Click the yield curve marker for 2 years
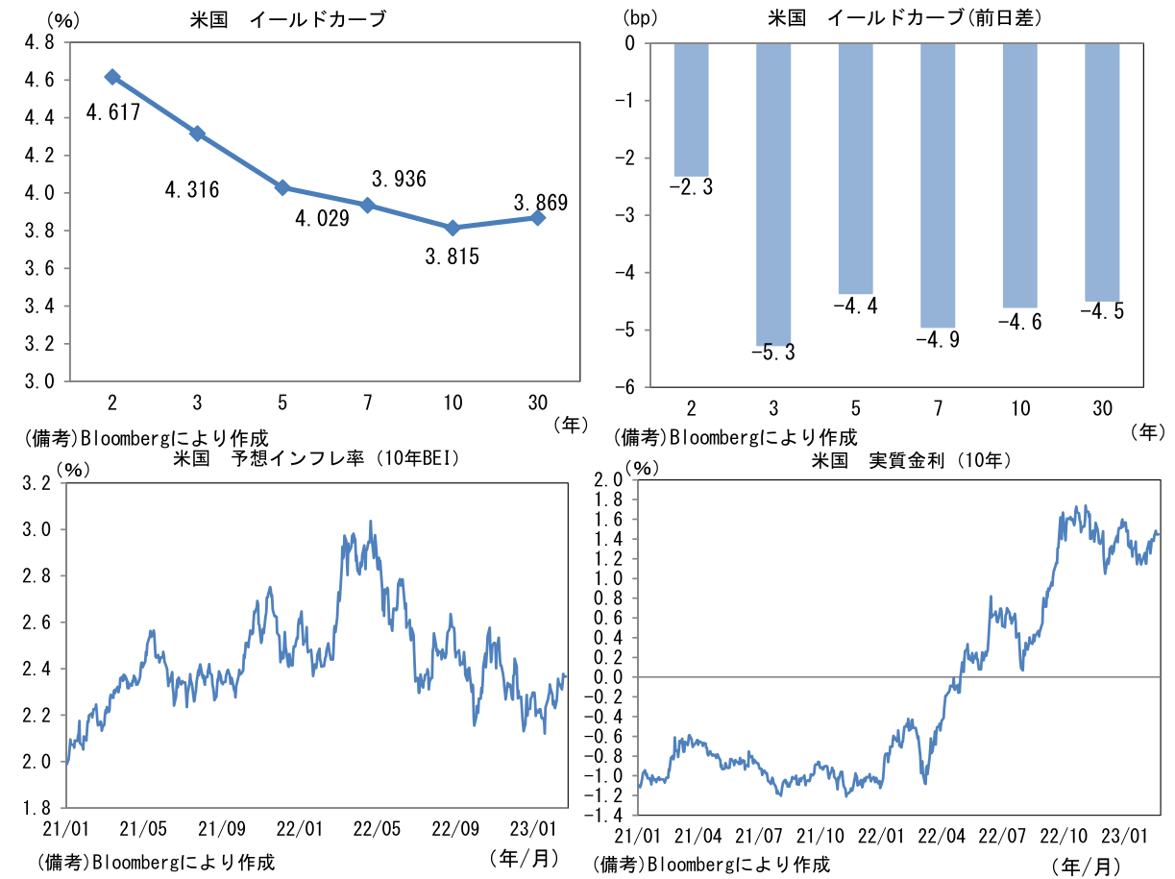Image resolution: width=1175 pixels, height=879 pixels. pos(112,77)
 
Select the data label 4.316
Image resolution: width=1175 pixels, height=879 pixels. pos(192,190)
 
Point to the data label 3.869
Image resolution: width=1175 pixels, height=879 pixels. pos(541,203)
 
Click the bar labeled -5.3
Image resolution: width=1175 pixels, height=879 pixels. pos(773,192)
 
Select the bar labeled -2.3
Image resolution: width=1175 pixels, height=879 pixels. pos(691,109)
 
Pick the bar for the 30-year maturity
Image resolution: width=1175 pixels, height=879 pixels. pos(1102,172)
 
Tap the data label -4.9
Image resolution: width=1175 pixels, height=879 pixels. pos(938,340)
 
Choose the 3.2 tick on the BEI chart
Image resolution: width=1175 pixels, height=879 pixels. pos(37,483)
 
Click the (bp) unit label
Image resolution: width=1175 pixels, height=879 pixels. pos(639,16)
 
